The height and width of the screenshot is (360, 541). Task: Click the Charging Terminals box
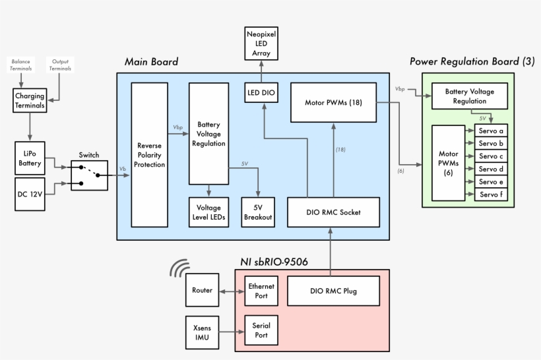(x=30, y=101)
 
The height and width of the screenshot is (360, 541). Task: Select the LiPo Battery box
(x=30, y=157)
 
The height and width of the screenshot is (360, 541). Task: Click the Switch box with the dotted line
(x=89, y=175)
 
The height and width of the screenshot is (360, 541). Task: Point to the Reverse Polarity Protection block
(x=150, y=155)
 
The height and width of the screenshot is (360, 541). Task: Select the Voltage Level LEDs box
(x=208, y=212)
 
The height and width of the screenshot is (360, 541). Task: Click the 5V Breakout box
(x=257, y=212)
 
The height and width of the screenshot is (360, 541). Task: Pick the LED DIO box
(x=261, y=94)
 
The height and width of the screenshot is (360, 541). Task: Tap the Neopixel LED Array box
(x=261, y=44)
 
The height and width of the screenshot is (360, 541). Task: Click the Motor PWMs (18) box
(x=333, y=102)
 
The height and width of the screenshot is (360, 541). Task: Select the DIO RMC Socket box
(x=333, y=212)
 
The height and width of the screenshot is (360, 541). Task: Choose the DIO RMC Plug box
(x=333, y=291)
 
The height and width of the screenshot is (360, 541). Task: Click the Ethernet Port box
(x=261, y=291)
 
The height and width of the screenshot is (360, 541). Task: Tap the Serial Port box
(x=261, y=330)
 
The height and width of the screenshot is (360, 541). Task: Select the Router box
(x=202, y=291)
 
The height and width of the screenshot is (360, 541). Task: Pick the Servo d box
(x=492, y=169)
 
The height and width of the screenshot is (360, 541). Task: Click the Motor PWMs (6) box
(x=449, y=163)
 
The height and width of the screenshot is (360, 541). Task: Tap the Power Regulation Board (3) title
(x=472, y=61)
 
